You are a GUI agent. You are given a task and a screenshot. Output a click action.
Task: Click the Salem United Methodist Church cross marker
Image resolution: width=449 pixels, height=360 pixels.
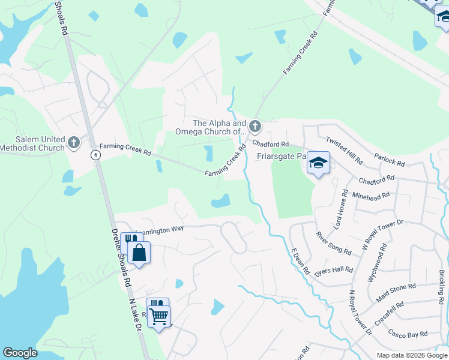(74, 142)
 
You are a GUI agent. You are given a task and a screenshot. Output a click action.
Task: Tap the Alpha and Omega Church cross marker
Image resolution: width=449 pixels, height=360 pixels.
(255, 126)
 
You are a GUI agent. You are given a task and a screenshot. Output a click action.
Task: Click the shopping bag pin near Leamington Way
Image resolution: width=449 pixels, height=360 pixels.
(139, 253)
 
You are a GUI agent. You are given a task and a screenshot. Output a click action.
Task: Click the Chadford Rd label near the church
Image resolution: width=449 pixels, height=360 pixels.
(271, 144)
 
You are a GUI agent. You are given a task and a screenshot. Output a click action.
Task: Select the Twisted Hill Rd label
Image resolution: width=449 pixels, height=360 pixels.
(344, 151)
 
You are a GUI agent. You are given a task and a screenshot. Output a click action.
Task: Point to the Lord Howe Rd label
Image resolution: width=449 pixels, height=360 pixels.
(340, 209)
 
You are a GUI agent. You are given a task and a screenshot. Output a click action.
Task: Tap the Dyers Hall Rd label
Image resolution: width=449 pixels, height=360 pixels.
(333, 270)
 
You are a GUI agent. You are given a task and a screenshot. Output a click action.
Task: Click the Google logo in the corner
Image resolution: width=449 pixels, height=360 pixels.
(20, 353)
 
